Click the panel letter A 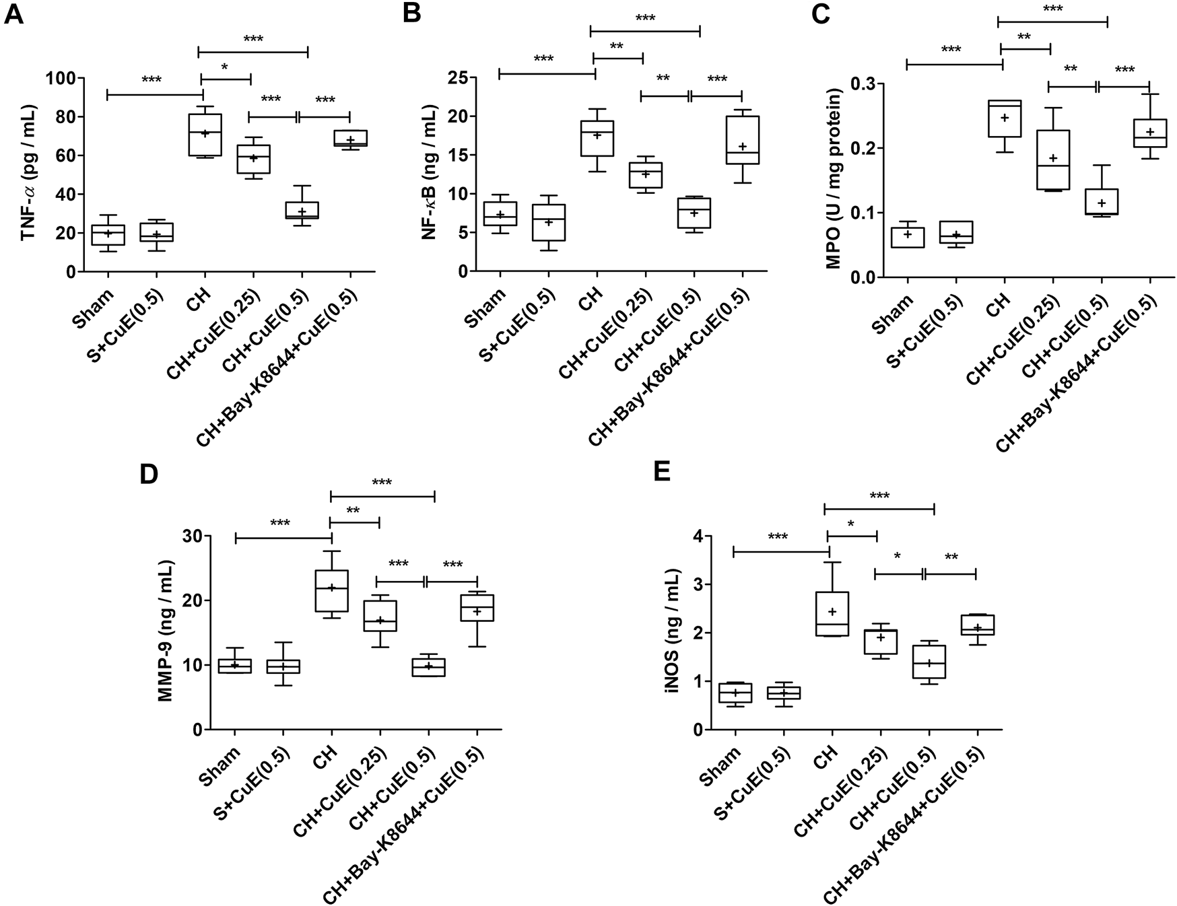click(x=14, y=14)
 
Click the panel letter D click(x=149, y=474)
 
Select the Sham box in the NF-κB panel click(x=500, y=213)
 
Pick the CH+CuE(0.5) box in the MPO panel click(x=1101, y=201)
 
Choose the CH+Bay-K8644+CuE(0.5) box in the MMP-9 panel click(x=477, y=608)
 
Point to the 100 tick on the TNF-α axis click(x=60, y=78)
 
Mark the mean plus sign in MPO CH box click(x=1005, y=118)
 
